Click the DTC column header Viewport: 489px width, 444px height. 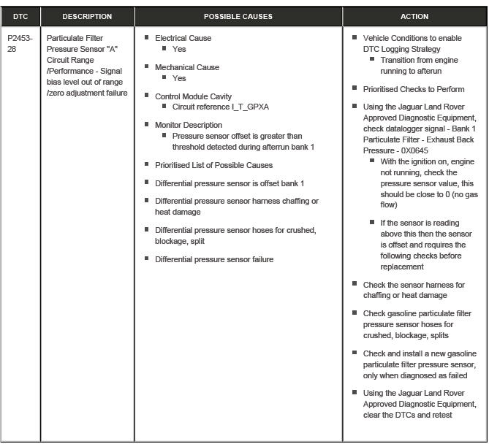point(20,16)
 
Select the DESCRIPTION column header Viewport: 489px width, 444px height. point(87,16)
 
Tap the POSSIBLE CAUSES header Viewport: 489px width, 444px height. point(238,16)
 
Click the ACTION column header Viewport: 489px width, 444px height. point(414,16)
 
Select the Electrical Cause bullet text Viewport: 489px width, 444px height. point(183,38)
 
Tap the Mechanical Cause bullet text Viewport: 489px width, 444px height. point(187,67)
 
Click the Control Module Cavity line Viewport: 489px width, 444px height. point(193,96)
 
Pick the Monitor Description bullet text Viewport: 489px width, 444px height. point(189,125)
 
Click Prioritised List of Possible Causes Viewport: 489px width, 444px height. point(213,164)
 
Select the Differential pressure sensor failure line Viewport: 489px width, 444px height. point(214,259)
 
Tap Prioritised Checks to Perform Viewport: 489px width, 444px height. point(414,89)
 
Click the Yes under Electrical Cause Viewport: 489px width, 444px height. point(179,49)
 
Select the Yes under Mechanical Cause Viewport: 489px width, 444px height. point(179,77)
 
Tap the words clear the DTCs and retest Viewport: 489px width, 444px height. point(408,415)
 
